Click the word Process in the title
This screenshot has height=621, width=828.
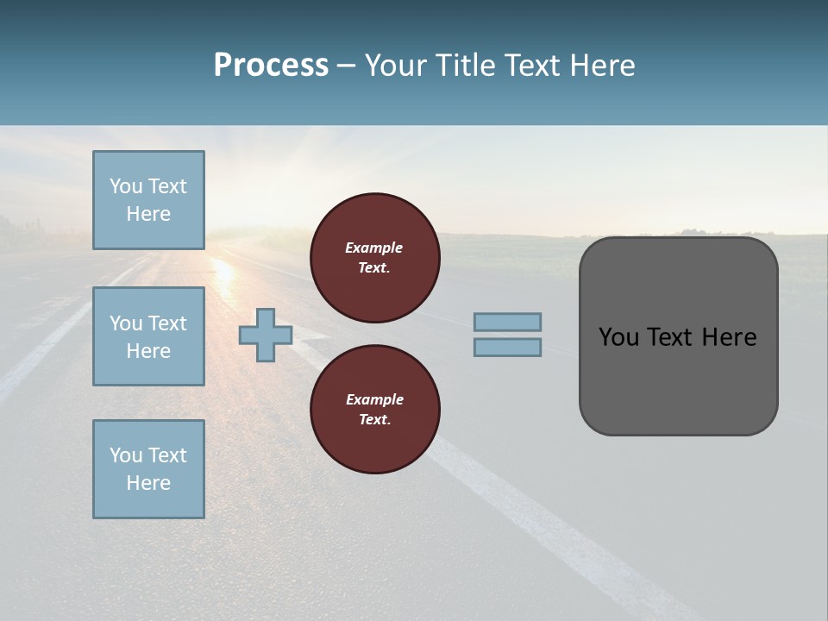click(x=271, y=66)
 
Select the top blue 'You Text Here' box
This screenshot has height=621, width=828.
click(x=148, y=200)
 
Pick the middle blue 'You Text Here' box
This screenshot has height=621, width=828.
click(x=148, y=336)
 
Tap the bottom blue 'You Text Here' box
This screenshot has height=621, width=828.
click(x=148, y=469)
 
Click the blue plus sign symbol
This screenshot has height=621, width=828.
click(x=265, y=336)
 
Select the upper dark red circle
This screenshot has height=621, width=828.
click(x=374, y=257)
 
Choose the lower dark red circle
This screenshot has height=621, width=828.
click(x=374, y=409)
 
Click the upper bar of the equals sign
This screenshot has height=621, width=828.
click(x=507, y=322)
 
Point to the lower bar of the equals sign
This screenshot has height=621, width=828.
click(x=507, y=348)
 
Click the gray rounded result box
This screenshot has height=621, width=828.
click(x=678, y=379)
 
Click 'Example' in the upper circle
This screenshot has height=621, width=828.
click(x=374, y=248)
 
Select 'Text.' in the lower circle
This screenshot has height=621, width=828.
click(x=374, y=419)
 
